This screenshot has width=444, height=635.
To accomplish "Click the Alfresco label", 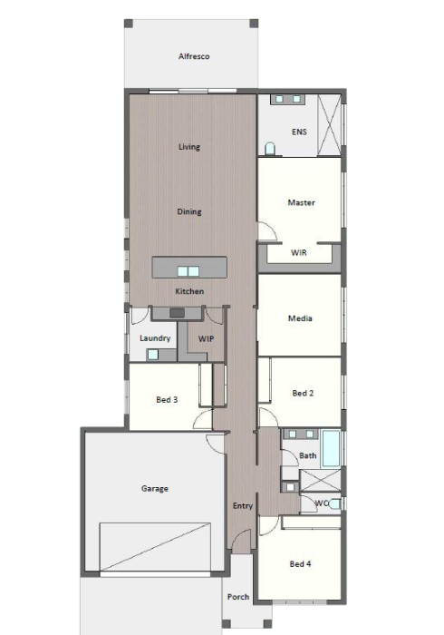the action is pos(194,56).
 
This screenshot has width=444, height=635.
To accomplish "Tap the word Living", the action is pos(189,147).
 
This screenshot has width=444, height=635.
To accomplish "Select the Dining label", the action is pos(189,211).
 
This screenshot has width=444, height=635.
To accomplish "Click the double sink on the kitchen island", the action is pos(188,271).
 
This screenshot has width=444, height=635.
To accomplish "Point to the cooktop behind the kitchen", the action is pos(177,313).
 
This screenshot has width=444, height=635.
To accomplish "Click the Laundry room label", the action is pos(155,338).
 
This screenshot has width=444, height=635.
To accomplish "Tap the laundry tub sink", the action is pos(152,355).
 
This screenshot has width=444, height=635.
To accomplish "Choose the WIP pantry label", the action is pos(206,338).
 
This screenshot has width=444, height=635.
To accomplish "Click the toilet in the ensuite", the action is pos(270,149).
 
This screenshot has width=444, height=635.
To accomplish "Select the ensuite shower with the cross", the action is pos(329,125).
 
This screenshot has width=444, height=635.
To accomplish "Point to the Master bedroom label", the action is pos(301,202).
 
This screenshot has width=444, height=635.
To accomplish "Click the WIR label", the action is pos(299,252).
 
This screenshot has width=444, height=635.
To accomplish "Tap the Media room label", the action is pos(300,318).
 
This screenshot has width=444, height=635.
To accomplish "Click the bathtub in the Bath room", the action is pos(332,449).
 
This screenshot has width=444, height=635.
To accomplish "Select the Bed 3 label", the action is pos(167,400).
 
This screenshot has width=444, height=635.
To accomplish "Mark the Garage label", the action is pos(155,488).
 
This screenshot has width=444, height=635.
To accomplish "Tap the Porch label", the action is pos(238,597).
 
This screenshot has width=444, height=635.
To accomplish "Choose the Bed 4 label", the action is pos(300,563).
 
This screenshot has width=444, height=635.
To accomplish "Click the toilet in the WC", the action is pos(335,503).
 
